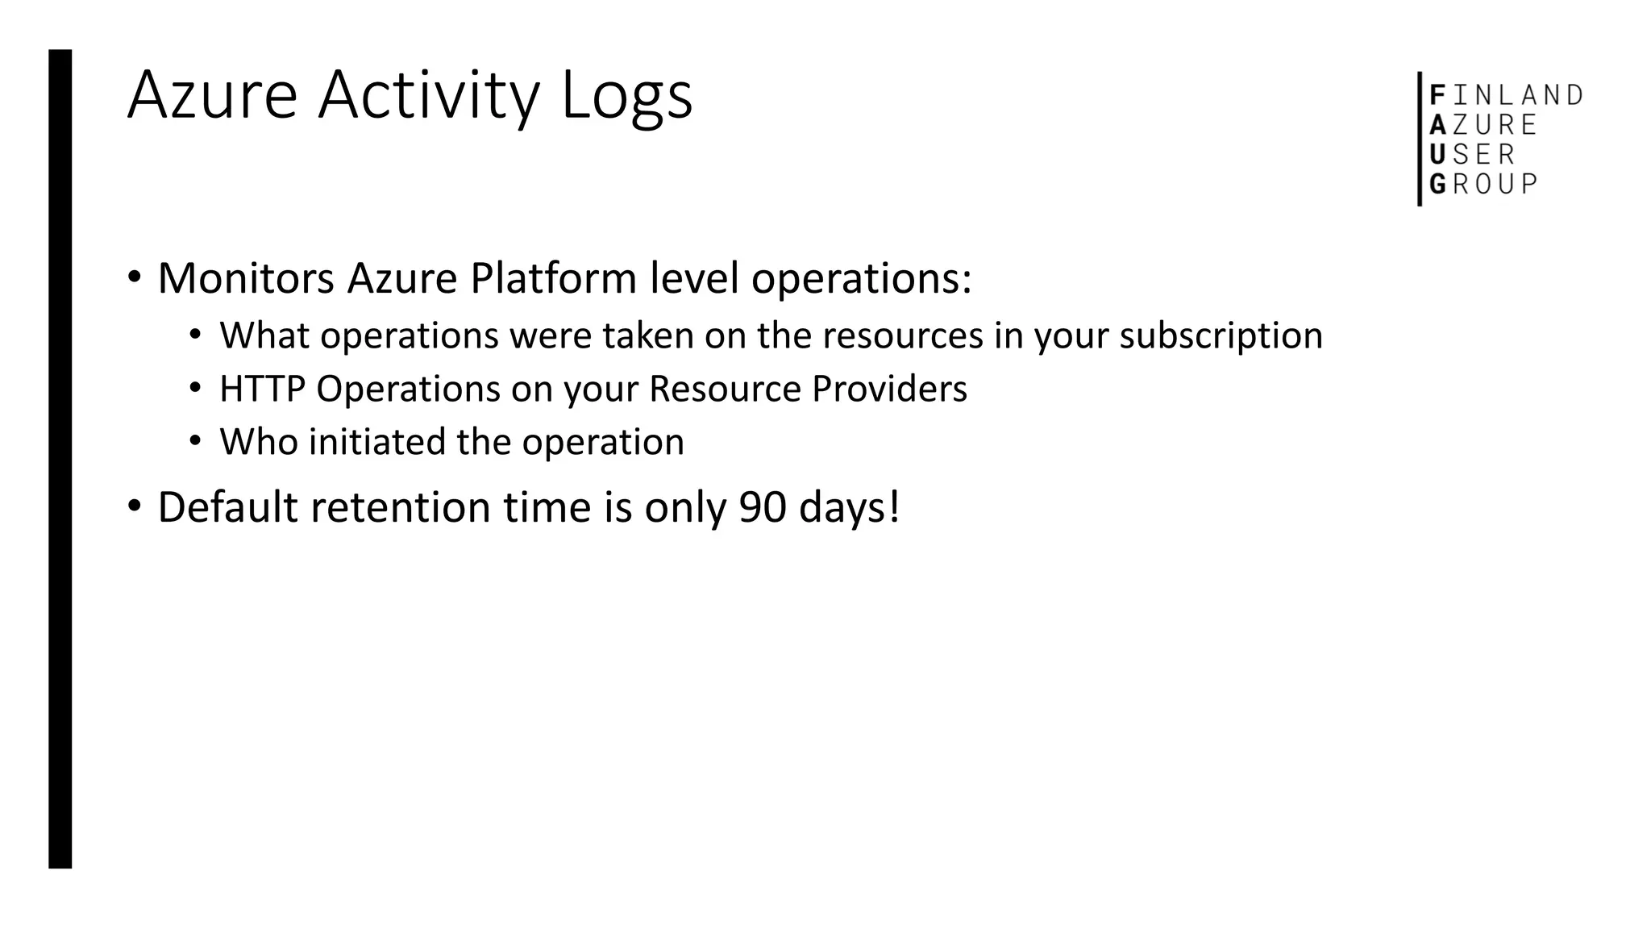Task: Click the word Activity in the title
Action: (427, 97)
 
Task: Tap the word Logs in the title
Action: (626, 97)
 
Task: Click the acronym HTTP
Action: (262, 390)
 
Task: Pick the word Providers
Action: (889, 390)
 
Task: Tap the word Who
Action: (259, 443)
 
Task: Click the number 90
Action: (763, 508)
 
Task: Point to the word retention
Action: (400, 508)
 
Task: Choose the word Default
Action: (227, 508)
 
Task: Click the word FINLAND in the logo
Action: (1506, 96)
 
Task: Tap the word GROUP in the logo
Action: (1483, 185)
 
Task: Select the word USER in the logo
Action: (1472, 155)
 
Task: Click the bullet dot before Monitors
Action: (134, 278)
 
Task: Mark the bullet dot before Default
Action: (134, 507)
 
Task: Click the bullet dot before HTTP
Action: (195, 389)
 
